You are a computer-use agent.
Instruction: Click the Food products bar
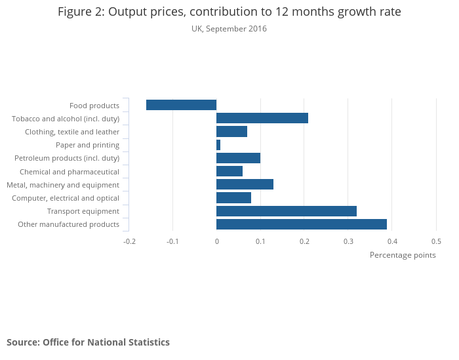coord(181,105)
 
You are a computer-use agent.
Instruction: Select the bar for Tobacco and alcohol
coord(262,118)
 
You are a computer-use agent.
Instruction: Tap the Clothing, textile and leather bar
coord(231,132)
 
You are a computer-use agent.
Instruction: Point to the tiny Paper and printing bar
coord(218,145)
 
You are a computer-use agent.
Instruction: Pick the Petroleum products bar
coord(238,158)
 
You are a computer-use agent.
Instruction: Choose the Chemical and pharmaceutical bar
coord(229,171)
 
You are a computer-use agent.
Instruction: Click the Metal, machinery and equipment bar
coord(245,184)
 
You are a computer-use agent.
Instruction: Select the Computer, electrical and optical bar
coord(233,198)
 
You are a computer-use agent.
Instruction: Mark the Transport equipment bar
coord(287,211)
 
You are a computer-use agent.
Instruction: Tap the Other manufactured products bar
coord(302,224)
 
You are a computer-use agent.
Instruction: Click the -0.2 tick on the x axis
coord(129,241)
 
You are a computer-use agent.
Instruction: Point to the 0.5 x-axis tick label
coord(436,241)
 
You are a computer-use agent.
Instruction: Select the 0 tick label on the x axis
coord(216,241)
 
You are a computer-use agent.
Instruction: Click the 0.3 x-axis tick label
coord(348,241)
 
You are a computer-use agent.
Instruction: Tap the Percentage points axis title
coord(403,255)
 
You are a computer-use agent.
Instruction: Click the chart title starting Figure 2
coord(229,12)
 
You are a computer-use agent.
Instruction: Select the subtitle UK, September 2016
coord(229,29)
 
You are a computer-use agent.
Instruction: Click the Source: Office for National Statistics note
coord(88,342)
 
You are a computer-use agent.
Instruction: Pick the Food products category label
coord(94,106)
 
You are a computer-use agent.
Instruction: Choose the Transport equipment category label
coord(83,211)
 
